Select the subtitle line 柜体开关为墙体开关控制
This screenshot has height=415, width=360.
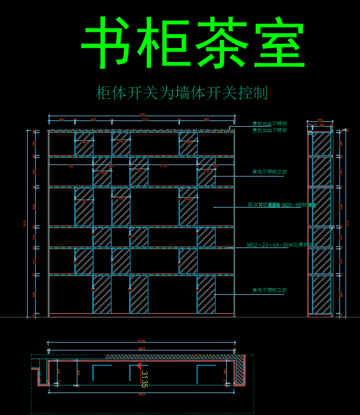coord(182,93)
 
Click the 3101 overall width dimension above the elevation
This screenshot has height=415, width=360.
coord(142,114)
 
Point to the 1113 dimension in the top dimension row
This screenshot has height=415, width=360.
coord(145,119)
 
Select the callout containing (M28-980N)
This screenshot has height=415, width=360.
coord(282,205)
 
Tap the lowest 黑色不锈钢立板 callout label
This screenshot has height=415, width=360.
coord(269,291)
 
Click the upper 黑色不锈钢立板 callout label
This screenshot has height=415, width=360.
coord(269,172)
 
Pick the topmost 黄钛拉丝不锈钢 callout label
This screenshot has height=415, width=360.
coord(269,124)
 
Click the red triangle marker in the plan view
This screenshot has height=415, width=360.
coord(138,365)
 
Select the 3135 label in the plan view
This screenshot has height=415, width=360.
coord(144,379)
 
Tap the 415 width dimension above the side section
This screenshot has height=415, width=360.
coord(321,121)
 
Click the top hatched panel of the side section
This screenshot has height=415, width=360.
coord(322,144)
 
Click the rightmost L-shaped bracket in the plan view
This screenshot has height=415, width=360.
coord(205,372)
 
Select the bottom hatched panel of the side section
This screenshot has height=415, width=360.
coord(322,295)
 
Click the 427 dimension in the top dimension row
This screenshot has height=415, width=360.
coord(62,119)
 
